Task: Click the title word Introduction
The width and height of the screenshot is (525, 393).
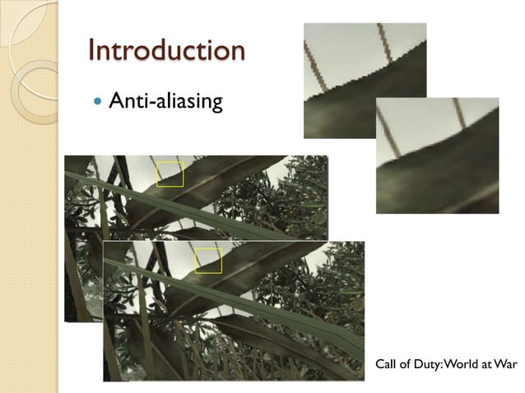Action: click(167, 50)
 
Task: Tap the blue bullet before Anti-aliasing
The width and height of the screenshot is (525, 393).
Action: click(100, 103)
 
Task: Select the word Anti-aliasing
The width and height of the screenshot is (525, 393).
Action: click(165, 103)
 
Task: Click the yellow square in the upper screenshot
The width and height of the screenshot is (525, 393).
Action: click(170, 174)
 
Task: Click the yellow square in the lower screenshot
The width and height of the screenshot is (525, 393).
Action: click(208, 261)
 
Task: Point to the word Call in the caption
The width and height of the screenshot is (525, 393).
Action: click(386, 363)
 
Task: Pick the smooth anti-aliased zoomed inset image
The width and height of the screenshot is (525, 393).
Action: click(437, 156)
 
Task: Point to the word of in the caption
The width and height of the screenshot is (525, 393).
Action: click(407, 363)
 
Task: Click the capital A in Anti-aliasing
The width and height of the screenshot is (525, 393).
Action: click(118, 103)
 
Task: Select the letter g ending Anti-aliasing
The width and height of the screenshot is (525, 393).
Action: click(216, 106)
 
